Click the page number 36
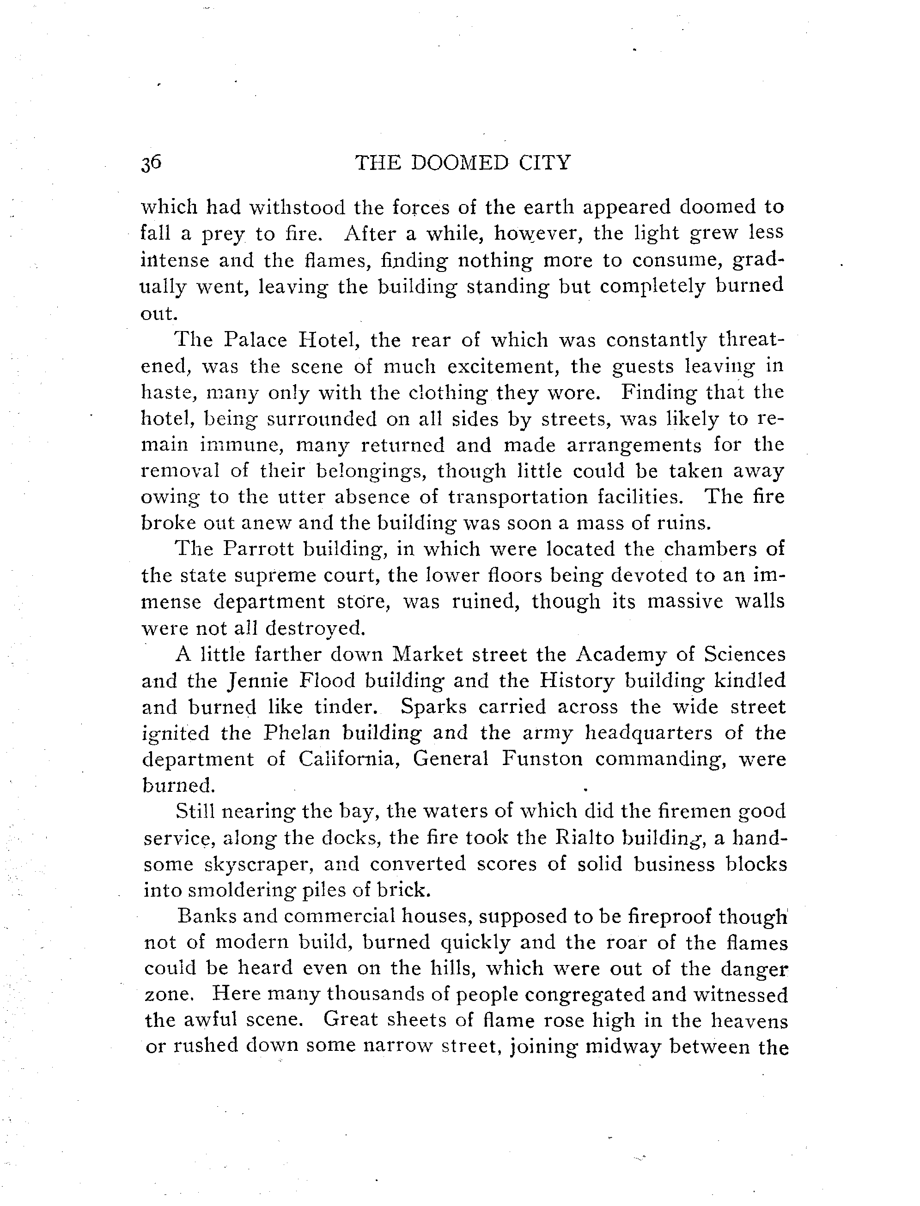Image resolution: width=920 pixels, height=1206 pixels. pos(151,163)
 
